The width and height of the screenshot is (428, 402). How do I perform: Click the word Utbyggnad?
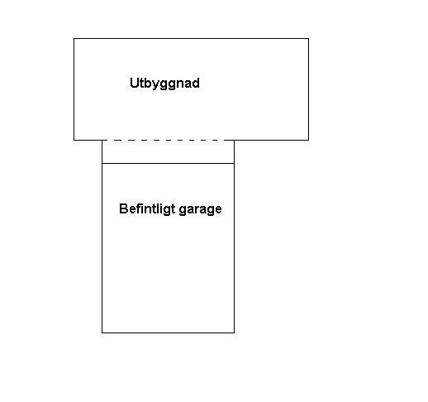pos(164,84)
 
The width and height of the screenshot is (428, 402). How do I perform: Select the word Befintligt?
pos(147,209)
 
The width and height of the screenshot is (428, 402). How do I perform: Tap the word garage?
pos(200,210)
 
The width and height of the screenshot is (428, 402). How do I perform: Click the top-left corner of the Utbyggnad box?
pos(74,39)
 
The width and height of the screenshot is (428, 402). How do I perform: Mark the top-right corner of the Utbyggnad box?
pos(308,39)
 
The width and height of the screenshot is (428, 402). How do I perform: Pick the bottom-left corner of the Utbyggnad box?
pos(74,140)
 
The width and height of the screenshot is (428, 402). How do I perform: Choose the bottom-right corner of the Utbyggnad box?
pos(308,140)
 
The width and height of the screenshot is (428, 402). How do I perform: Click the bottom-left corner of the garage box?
pos(102,333)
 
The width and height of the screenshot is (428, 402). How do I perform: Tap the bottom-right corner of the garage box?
pos(234,333)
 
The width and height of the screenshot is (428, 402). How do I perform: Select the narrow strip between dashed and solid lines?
pos(168,151)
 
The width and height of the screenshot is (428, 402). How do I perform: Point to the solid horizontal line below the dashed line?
pos(168,163)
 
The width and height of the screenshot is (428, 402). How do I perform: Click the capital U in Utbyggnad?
pos(134,83)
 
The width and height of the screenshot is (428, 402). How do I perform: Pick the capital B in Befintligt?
pos(123,208)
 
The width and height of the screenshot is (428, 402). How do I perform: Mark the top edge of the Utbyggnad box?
pos(191,39)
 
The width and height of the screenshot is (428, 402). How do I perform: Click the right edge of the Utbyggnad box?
pos(308,89)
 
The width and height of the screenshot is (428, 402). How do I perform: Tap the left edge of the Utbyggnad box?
pos(74,89)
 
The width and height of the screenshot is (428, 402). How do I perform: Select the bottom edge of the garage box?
pos(168,333)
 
